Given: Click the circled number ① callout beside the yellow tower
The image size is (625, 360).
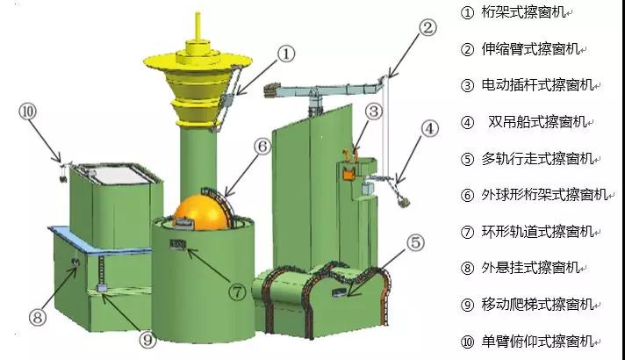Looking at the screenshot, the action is [x=286, y=54].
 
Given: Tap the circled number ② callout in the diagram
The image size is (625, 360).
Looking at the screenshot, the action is [x=427, y=27].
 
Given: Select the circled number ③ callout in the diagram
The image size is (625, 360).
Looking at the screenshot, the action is [x=373, y=112].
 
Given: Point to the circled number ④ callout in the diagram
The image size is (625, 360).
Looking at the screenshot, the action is [x=429, y=129].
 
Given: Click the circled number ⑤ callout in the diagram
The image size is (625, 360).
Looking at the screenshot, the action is [x=415, y=242].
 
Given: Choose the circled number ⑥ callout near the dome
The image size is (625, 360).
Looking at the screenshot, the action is [x=262, y=147].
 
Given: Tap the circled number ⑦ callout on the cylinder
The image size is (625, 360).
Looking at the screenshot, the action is [x=237, y=292].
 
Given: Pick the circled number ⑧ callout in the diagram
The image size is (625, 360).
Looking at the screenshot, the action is [x=38, y=318].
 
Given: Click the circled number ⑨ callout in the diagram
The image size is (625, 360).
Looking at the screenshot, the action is [x=147, y=340].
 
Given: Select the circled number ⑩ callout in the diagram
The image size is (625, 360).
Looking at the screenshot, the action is [x=27, y=112].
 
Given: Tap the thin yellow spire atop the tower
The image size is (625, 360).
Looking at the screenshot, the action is [x=198, y=26].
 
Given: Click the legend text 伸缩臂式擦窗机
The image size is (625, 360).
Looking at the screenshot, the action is [x=530, y=49].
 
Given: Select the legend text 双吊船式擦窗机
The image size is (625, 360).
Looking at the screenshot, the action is [x=536, y=122].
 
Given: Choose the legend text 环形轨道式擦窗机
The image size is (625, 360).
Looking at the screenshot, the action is [x=537, y=231].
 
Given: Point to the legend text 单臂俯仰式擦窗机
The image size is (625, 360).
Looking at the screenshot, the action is [x=537, y=342].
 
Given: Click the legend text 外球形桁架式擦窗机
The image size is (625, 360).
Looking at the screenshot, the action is [x=544, y=195].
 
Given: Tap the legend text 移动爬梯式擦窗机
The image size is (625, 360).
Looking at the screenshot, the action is [x=537, y=305].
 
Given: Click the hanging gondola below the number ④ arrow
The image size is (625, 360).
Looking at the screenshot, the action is [x=404, y=201].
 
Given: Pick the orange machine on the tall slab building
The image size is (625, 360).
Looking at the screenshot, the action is [x=349, y=172].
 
